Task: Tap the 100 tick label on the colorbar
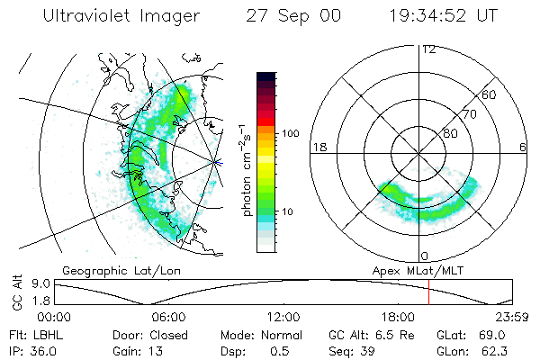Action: [290, 132]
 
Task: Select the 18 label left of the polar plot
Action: [319, 147]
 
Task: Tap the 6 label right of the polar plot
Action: [523, 147]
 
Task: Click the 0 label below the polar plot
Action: [424, 256]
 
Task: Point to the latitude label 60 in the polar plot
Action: [490, 94]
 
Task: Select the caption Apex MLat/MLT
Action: [416, 269]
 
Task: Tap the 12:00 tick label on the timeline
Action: [284, 317]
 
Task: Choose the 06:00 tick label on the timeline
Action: [169, 317]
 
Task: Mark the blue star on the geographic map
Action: [217, 162]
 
